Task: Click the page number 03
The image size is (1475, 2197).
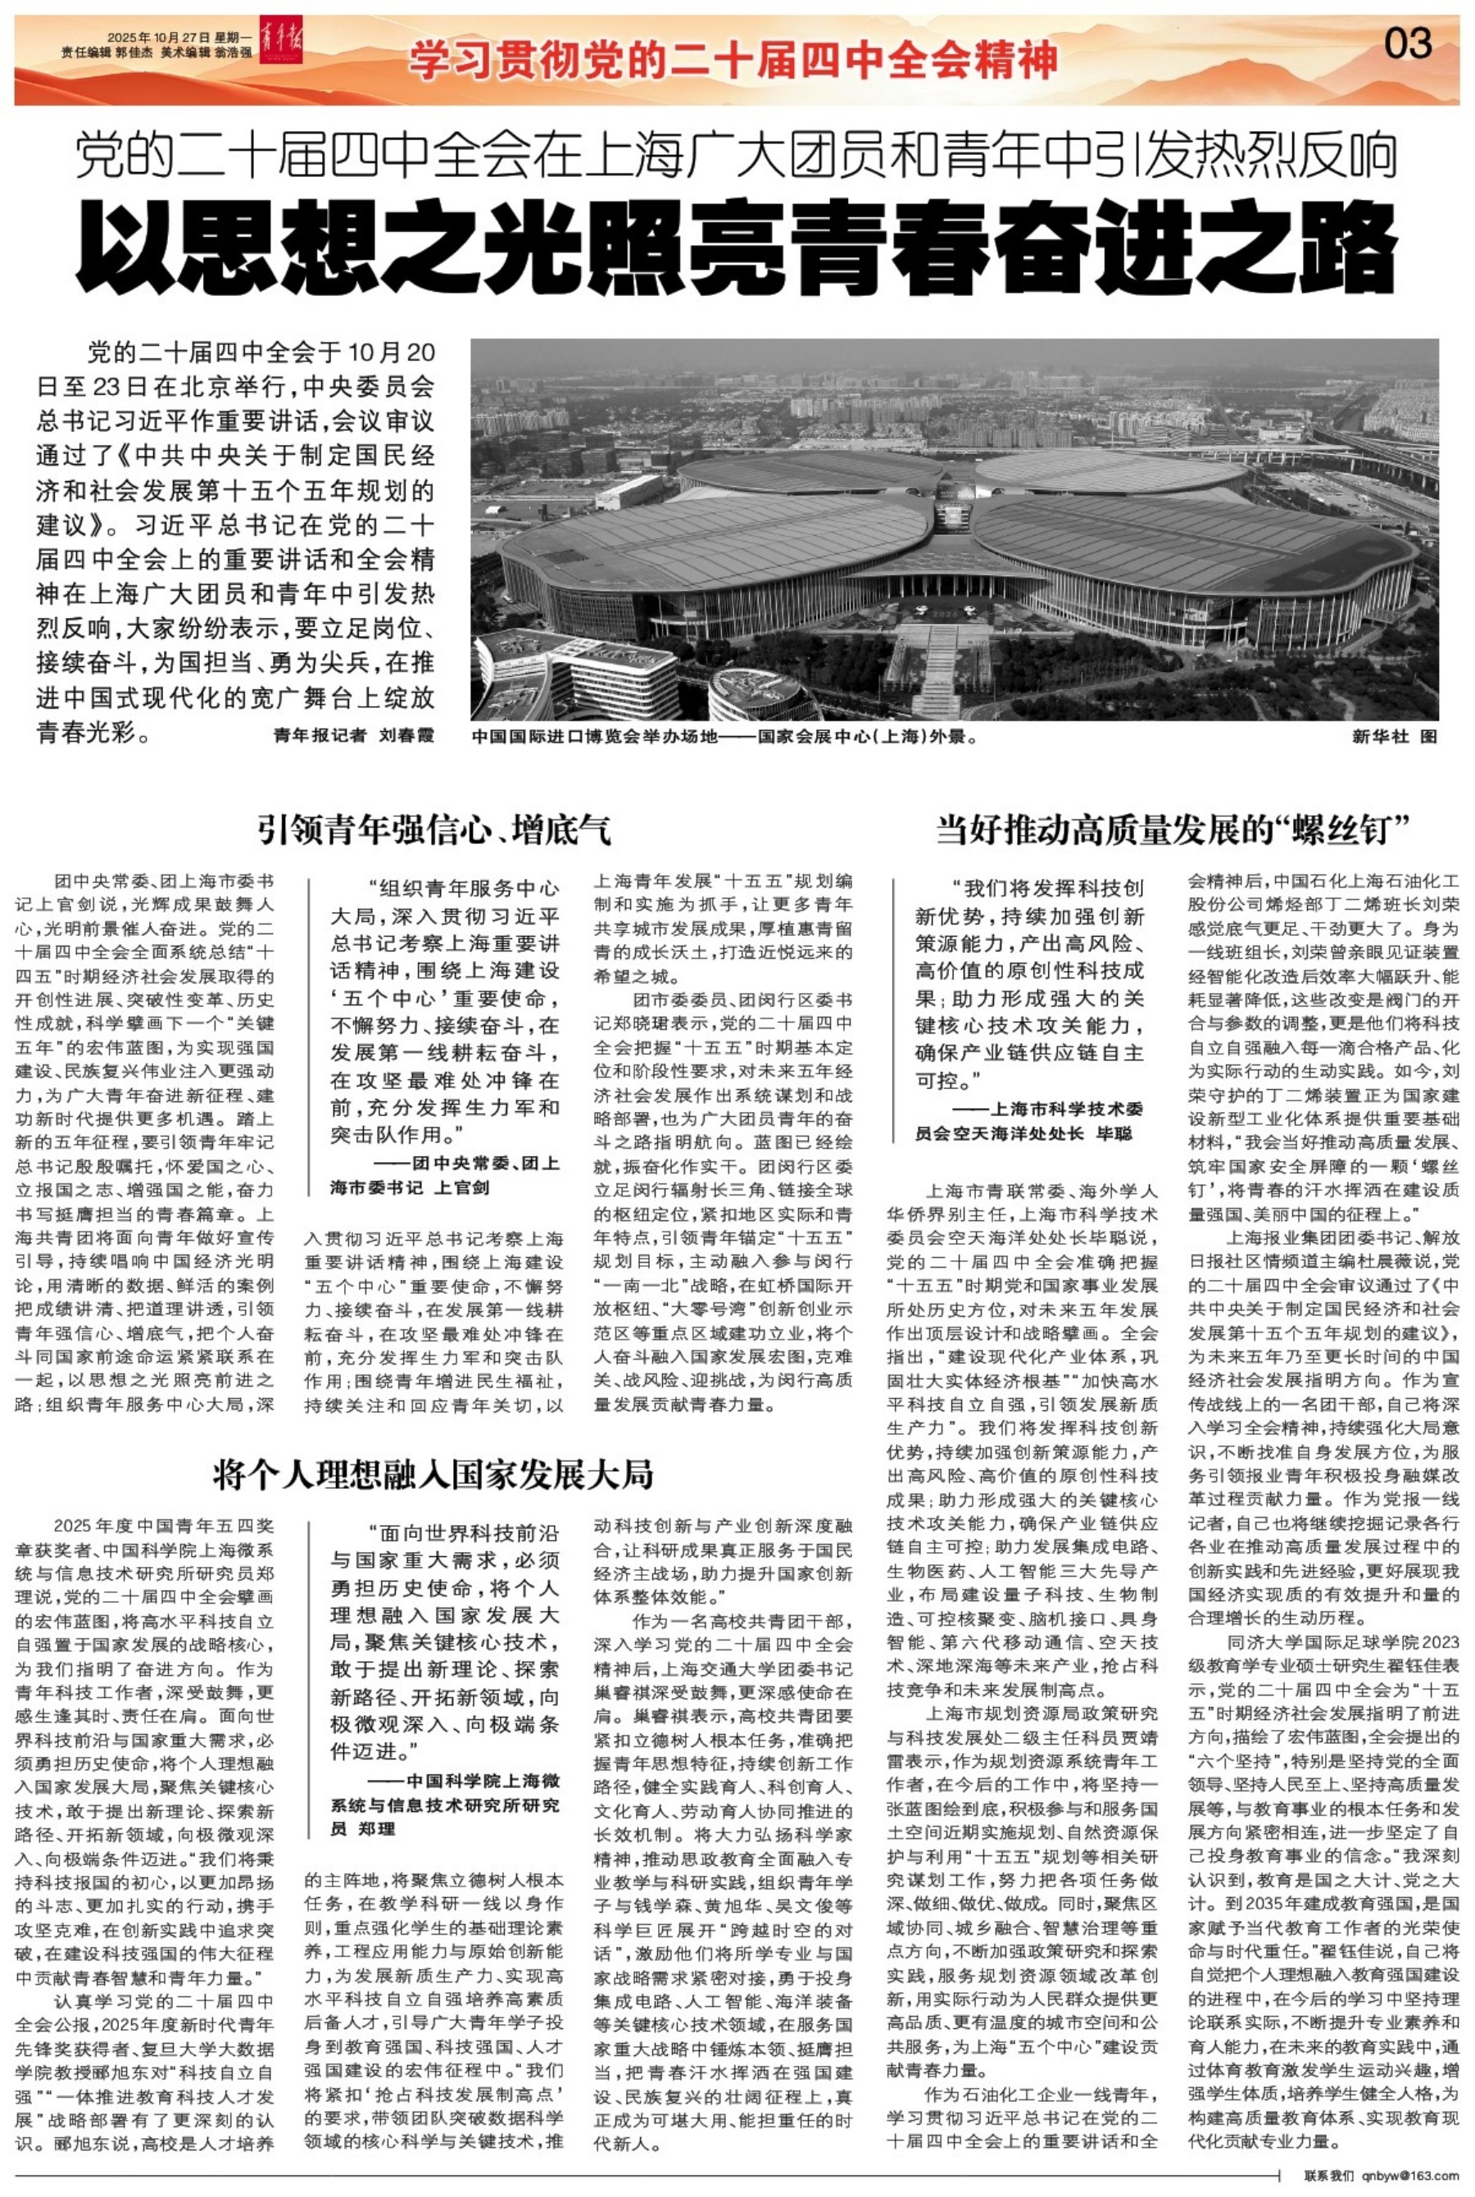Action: click(1407, 44)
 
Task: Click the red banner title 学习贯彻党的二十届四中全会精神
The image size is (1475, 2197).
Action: click(733, 62)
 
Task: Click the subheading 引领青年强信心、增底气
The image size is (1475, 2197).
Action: click(436, 830)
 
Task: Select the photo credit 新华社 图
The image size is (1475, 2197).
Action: click(1394, 738)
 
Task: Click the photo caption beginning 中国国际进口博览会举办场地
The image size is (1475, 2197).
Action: click(724, 738)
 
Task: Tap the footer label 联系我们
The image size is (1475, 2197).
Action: click(1330, 2176)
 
